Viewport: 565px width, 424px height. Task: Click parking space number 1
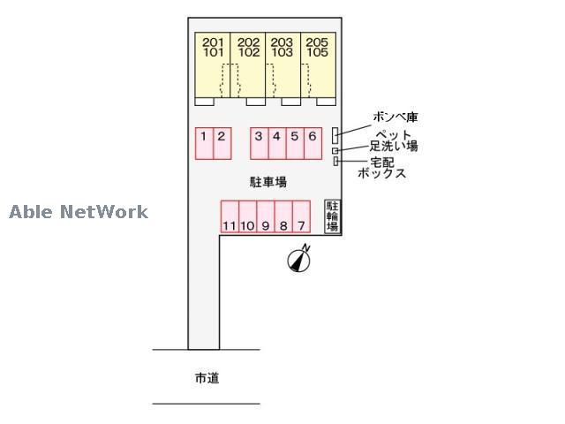(204, 143)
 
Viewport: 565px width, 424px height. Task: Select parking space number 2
(222, 143)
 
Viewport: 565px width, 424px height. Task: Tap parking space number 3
(259, 143)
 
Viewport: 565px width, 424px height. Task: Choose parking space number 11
(229, 216)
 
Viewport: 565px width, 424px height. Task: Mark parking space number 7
(301, 216)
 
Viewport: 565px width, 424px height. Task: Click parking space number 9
(265, 216)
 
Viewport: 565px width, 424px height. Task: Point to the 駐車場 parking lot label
(268, 182)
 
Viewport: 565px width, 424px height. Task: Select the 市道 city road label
(207, 378)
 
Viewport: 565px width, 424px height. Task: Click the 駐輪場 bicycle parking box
(333, 216)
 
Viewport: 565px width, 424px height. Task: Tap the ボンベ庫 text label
(394, 117)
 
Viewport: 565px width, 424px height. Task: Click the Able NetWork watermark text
(79, 212)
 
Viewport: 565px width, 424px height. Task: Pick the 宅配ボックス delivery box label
(382, 167)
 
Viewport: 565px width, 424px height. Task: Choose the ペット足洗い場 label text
(394, 140)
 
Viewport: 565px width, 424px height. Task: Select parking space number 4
(276, 143)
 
